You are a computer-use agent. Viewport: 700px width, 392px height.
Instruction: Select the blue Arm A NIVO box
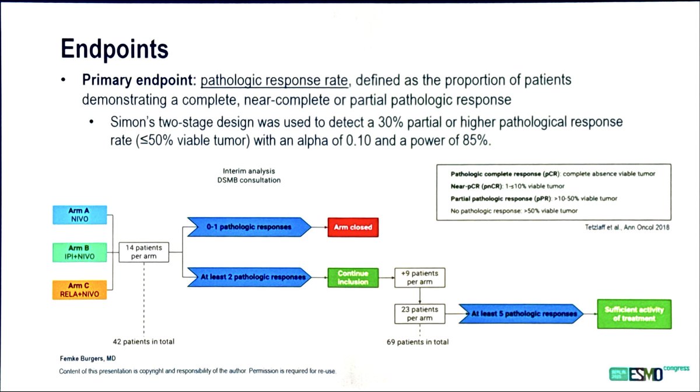(x=79, y=213)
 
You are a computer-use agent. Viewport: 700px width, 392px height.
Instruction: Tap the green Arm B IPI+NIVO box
(x=79, y=251)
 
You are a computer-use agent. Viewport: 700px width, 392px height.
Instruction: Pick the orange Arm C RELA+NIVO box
(x=79, y=289)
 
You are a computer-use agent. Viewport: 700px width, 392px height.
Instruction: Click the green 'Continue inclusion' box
(x=352, y=278)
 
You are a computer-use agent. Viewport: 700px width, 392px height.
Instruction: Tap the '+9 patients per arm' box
(x=420, y=278)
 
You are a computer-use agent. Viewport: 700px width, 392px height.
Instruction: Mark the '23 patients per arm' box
(x=420, y=313)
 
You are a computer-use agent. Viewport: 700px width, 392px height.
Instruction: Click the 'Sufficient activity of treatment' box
(x=633, y=314)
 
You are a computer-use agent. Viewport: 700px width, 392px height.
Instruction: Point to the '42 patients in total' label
(x=143, y=341)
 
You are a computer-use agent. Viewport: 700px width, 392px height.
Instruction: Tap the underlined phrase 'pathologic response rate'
(x=274, y=80)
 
